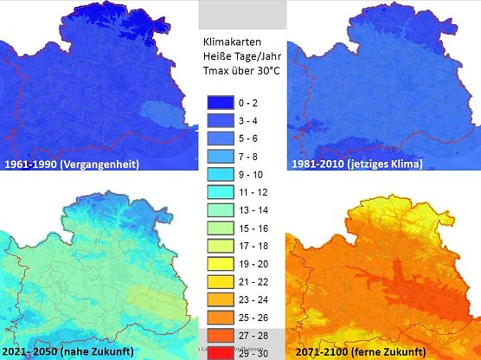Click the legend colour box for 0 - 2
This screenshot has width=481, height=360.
point(221,102)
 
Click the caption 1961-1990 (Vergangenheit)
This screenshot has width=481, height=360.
point(72,164)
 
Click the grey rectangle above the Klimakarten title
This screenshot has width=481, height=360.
point(242,14)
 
